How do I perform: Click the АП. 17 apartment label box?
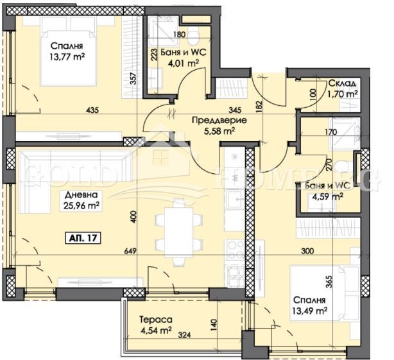click(82, 238)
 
